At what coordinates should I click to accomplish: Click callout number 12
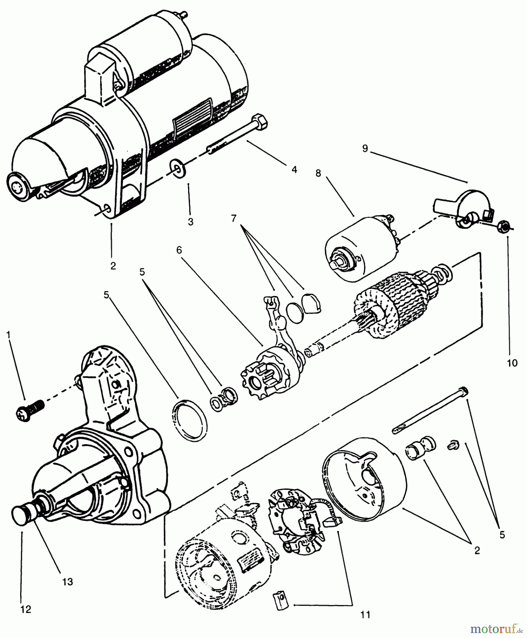pyautogui.click(x=26, y=609)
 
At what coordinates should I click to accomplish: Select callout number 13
pyautogui.click(x=67, y=582)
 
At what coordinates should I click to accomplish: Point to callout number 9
pyautogui.click(x=365, y=148)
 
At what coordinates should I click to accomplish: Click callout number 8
pyautogui.click(x=318, y=173)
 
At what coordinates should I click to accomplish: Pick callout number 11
pyautogui.click(x=365, y=615)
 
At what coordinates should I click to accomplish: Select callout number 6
pyautogui.click(x=179, y=250)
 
